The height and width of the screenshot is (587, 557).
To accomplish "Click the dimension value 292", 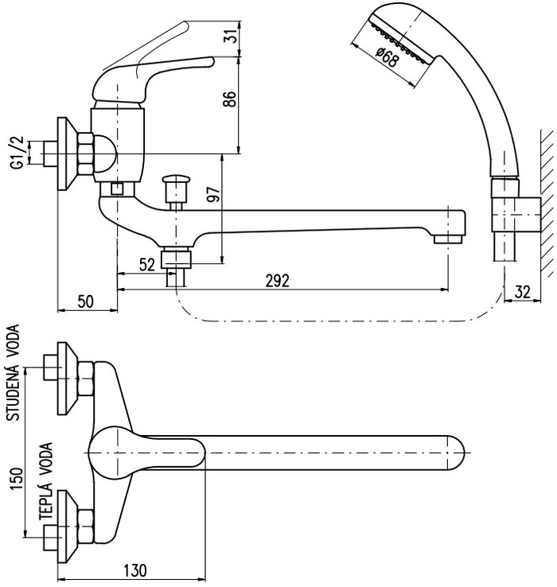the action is pyautogui.click(x=277, y=281).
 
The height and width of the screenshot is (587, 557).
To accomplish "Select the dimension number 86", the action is pyautogui.click(x=230, y=99).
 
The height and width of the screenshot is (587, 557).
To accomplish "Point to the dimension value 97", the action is pyautogui.click(x=215, y=193).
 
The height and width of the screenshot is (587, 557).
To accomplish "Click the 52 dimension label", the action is pyautogui.click(x=147, y=265).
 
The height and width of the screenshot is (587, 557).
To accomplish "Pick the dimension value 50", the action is pyautogui.click(x=86, y=301).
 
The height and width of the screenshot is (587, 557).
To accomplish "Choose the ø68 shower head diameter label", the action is pyautogui.click(x=386, y=57).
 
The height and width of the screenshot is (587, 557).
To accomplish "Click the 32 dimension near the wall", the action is pyautogui.click(x=523, y=292).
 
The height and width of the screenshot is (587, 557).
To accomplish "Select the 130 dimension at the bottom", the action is pyautogui.click(x=134, y=570).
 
